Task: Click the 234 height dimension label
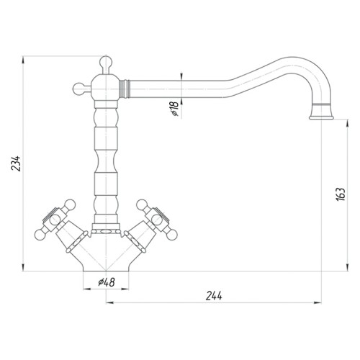[17, 163]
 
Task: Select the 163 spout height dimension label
[341, 194]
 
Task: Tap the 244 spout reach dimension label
[214, 296]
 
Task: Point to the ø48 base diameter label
[107, 282]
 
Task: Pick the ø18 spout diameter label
[175, 109]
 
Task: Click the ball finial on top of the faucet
[106, 62]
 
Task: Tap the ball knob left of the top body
[78, 89]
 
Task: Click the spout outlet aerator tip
[321, 117]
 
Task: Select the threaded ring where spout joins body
[125, 89]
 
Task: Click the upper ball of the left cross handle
[70, 204]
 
